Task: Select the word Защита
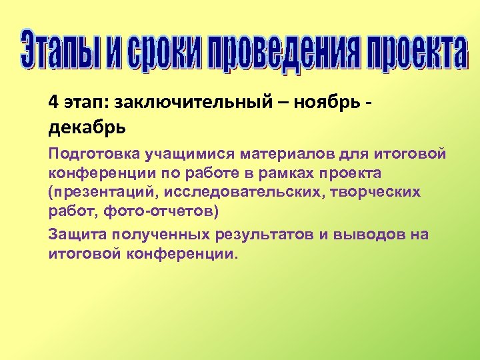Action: pos(79,235)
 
